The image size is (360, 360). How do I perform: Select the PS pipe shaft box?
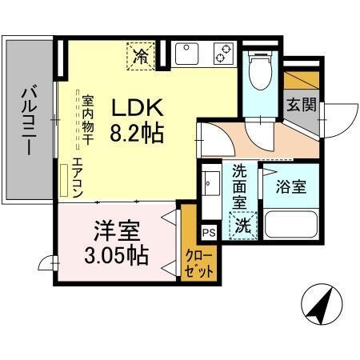(208, 234)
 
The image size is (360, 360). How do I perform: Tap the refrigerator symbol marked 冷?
(140, 56)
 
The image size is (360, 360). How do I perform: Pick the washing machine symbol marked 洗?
(241, 226)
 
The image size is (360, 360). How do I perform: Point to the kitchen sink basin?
(185, 54)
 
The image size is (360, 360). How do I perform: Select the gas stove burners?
(222, 54)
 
